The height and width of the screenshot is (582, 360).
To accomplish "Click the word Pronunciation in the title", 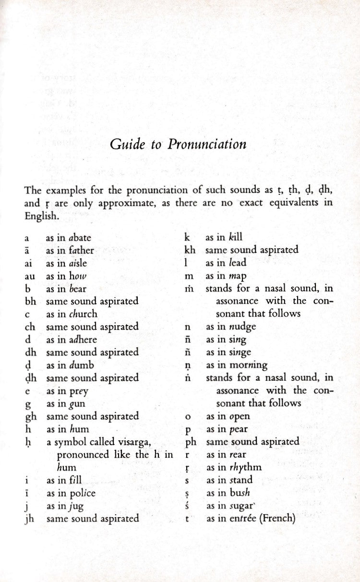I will (x=207, y=145).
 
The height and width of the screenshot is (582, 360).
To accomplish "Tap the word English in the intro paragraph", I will (x=41, y=216).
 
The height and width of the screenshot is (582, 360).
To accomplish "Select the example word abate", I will (x=80, y=237).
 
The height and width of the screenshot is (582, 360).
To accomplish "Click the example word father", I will (x=81, y=250).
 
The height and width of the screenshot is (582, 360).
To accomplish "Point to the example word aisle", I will (x=77, y=263).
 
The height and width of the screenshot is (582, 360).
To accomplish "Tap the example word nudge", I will (x=242, y=327).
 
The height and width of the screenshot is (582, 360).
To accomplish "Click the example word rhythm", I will (x=245, y=467).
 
